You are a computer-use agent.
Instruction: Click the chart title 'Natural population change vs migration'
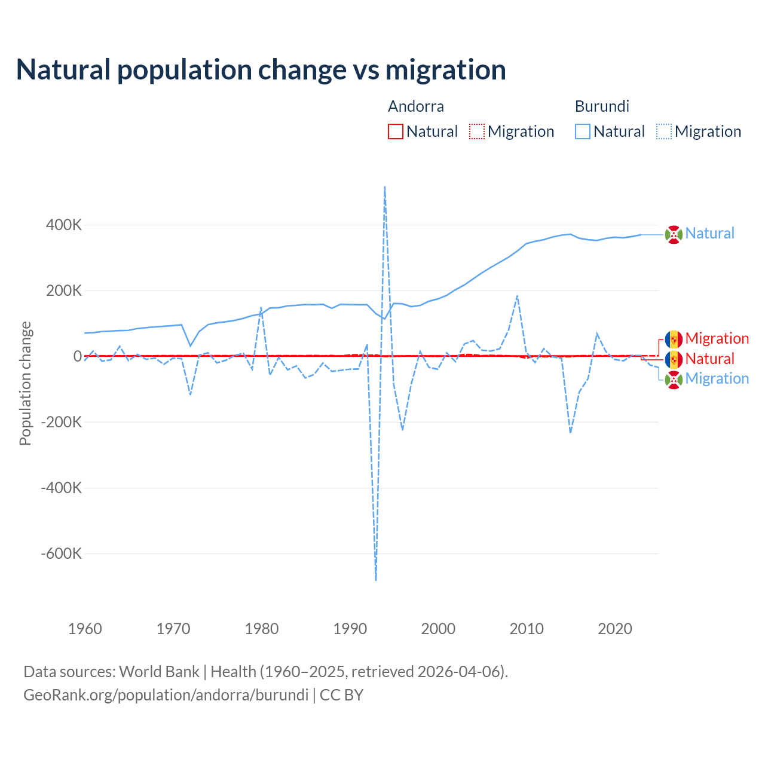tap(261, 69)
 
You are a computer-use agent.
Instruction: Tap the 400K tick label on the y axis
tap(64, 225)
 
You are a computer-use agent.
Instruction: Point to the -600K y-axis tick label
tap(62, 553)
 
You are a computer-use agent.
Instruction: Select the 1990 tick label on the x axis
tap(350, 629)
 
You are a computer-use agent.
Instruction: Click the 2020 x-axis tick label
tap(615, 629)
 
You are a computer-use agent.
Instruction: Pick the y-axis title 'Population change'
tap(25, 383)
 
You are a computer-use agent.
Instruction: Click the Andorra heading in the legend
tap(416, 106)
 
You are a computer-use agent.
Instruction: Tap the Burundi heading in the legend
tap(602, 106)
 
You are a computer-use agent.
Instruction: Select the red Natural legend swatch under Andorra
tap(396, 131)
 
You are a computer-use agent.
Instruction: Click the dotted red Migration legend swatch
tap(477, 131)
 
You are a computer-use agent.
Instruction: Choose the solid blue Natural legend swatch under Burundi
tap(583, 131)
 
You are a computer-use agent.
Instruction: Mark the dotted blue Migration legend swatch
tap(664, 131)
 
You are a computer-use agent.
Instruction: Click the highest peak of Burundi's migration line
tap(384, 186)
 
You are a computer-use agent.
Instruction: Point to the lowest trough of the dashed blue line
tap(376, 580)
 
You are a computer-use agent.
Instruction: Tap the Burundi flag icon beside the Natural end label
tap(674, 235)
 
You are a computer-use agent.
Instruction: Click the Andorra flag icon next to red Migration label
tap(674, 339)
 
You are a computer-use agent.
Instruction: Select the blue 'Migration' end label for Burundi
tap(717, 378)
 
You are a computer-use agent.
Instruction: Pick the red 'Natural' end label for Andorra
tap(710, 359)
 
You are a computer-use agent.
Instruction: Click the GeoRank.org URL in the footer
tap(166, 695)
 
